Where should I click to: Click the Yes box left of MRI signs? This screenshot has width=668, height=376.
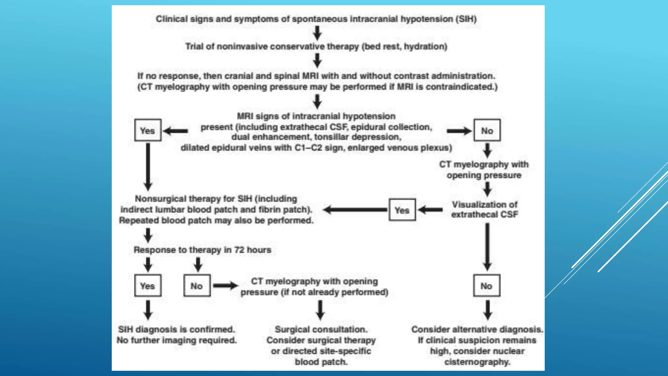tap(148, 130)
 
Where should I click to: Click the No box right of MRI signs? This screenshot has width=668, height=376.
tap(487, 130)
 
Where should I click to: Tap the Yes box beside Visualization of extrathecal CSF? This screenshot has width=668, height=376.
tap(402, 210)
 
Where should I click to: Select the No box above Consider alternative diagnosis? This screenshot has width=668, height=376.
tap(486, 286)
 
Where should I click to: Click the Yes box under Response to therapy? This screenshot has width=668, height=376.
tap(148, 286)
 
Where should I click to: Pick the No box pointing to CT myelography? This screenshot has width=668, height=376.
tap(197, 286)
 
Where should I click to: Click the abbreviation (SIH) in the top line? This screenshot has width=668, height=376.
tap(466, 19)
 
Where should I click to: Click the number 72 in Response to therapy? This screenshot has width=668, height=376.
tap(239, 250)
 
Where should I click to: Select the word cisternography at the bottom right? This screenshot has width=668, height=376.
tap(477, 362)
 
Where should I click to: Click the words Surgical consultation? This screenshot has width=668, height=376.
tap(321, 329)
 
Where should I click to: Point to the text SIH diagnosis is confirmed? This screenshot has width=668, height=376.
tap(176, 329)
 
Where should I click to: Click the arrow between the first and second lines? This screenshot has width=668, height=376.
tap(317, 33)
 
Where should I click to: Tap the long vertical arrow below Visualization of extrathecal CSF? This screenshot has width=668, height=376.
tap(487, 246)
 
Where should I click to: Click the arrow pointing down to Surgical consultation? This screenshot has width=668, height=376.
tap(320, 310)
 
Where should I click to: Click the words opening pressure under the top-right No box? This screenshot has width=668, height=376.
tap(484, 175)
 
